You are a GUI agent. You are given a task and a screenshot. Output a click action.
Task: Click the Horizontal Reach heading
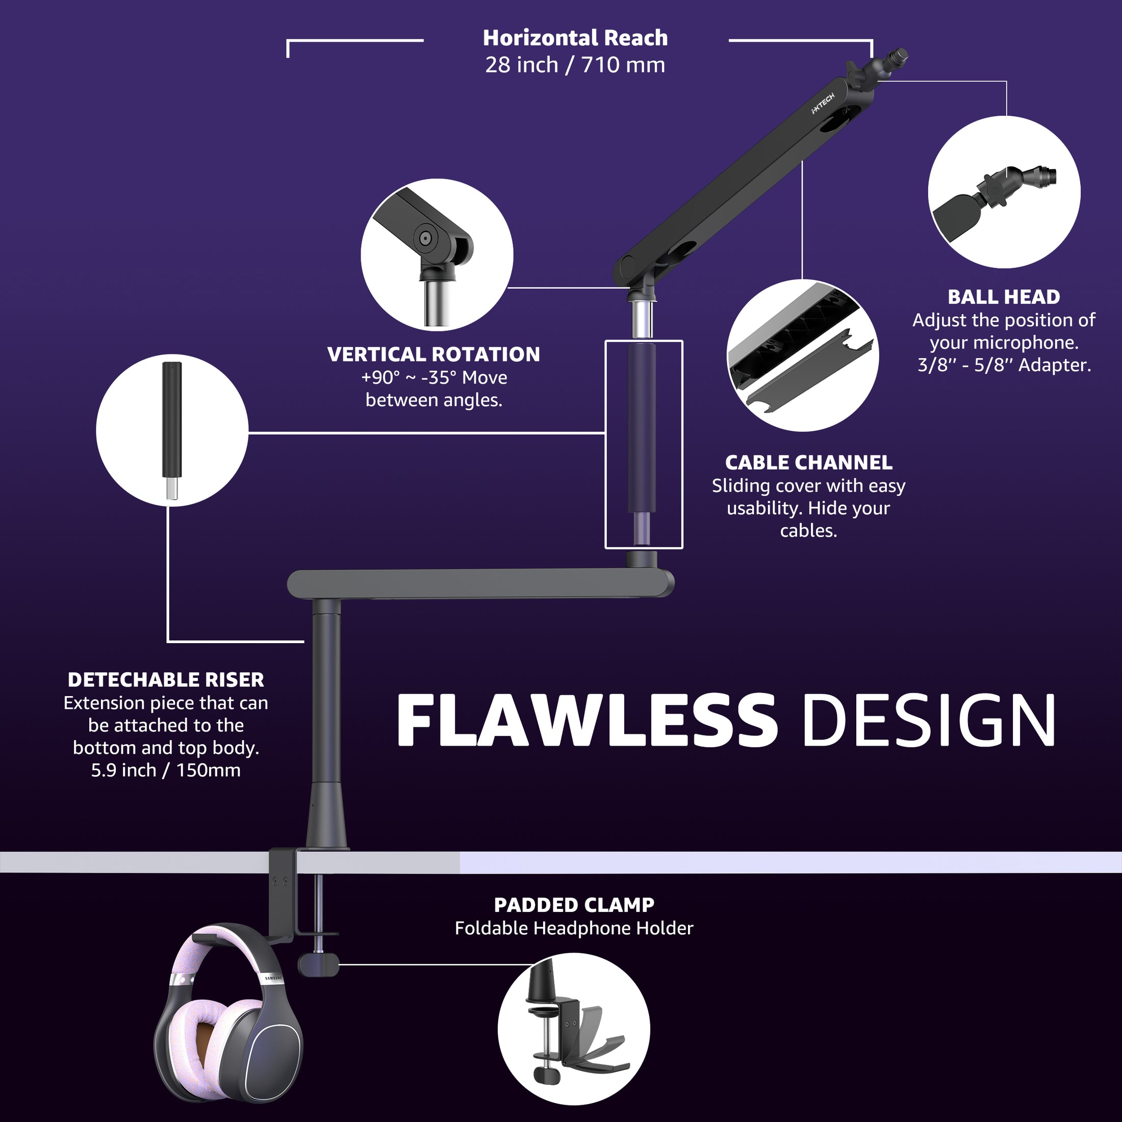pos(575,38)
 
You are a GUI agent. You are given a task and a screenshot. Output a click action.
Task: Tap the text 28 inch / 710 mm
pos(575,65)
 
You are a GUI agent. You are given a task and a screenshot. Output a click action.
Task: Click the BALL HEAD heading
pos(1004,297)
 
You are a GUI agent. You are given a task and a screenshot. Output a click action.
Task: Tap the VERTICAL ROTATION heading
pos(433,354)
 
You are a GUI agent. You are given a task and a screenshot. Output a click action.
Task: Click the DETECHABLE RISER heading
pos(166,679)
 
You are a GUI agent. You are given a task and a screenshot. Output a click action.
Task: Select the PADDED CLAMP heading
pos(574,905)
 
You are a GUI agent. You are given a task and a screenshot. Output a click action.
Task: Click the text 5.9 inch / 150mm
pos(166,770)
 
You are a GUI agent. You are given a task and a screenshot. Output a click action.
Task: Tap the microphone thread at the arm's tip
pos(900,56)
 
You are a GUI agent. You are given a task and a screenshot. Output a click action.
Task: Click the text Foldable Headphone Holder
pos(574,928)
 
